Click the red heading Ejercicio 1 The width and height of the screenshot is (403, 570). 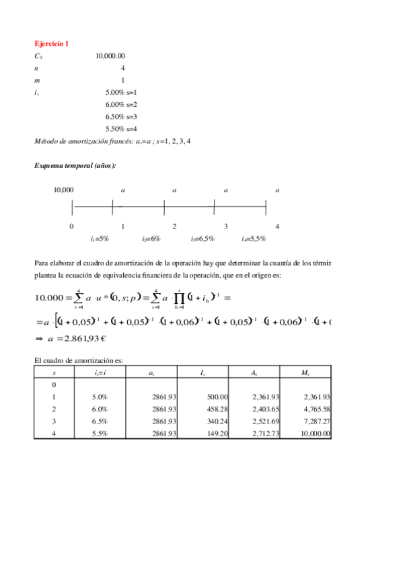51,43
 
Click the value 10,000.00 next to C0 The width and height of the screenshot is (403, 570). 110,56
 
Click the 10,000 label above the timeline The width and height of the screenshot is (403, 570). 64,190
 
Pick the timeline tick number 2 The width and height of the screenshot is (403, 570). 174,227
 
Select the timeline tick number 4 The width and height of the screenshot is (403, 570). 277,227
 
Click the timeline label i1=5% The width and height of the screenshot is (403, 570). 100,239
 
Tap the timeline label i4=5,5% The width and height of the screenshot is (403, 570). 254,239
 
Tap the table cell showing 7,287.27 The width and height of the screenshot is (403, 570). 317,421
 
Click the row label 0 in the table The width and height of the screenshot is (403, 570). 54,385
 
